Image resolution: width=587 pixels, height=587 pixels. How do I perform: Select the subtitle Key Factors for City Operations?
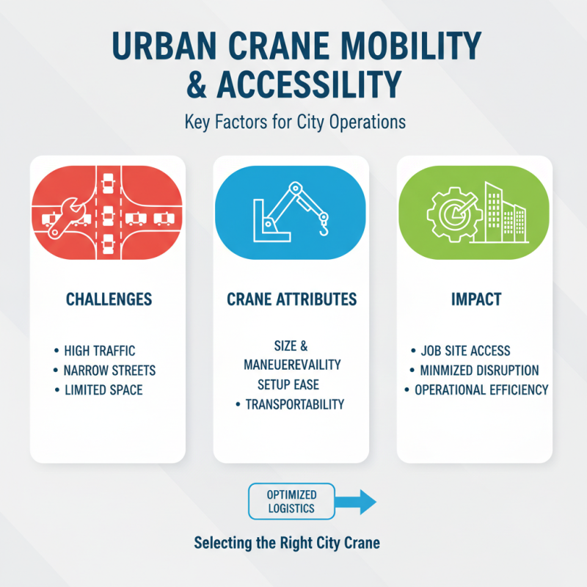293,122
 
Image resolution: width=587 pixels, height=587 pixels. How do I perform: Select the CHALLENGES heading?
109,299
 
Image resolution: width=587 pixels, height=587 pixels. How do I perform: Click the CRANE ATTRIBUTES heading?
292,299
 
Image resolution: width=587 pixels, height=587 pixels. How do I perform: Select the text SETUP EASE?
288,384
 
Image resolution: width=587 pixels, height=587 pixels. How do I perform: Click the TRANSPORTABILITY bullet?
293,404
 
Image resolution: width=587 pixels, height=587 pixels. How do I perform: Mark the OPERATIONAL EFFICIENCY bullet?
481,390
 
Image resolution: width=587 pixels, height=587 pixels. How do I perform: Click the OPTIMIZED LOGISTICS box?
292,502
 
